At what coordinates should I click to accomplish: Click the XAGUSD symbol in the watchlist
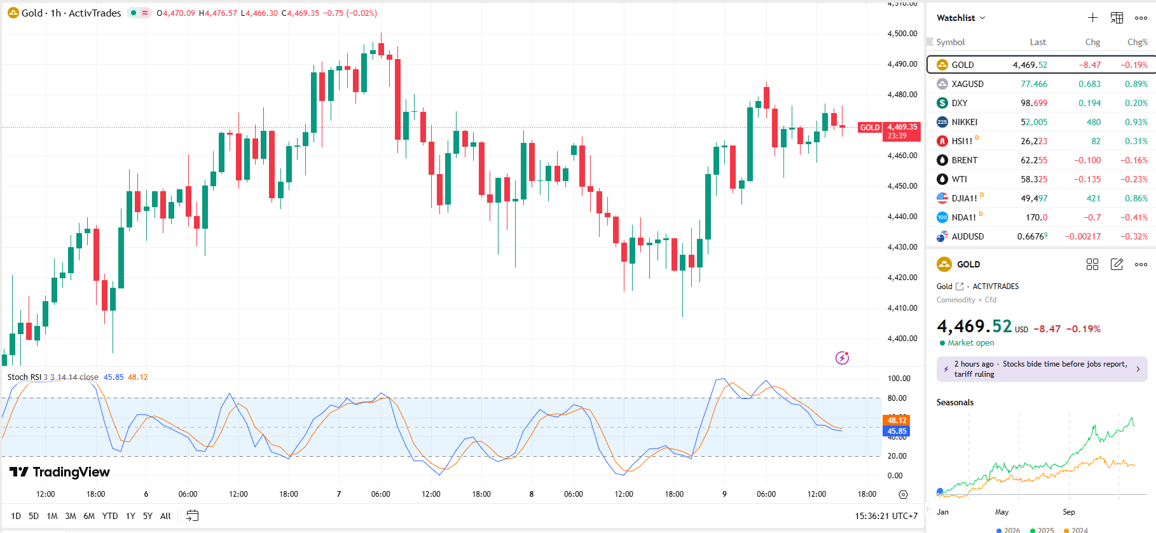tap(967, 84)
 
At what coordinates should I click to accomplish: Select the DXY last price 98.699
tap(1034, 103)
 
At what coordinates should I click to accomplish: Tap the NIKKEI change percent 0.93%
tap(1136, 122)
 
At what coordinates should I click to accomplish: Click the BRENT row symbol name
tap(964, 160)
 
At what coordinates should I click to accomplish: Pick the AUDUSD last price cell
tap(1032, 236)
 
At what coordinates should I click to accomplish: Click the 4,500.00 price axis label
tap(902, 34)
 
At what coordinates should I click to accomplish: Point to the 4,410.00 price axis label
tap(902, 308)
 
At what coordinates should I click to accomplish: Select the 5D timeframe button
tap(34, 516)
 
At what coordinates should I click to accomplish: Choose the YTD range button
tap(110, 516)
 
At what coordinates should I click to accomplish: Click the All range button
tap(165, 516)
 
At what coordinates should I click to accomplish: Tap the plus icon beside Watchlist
tap(1092, 18)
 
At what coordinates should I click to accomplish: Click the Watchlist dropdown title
tap(960, 18)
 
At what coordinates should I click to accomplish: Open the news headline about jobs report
tap(1041, 369)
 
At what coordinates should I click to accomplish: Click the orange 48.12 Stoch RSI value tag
tap(897, 420)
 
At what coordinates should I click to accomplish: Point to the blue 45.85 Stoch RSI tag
tap(897, 431)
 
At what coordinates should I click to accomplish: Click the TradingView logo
tap(60, 472)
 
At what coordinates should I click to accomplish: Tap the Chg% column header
tap(1137, 42)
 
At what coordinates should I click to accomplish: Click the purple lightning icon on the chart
tap(842, 358)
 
